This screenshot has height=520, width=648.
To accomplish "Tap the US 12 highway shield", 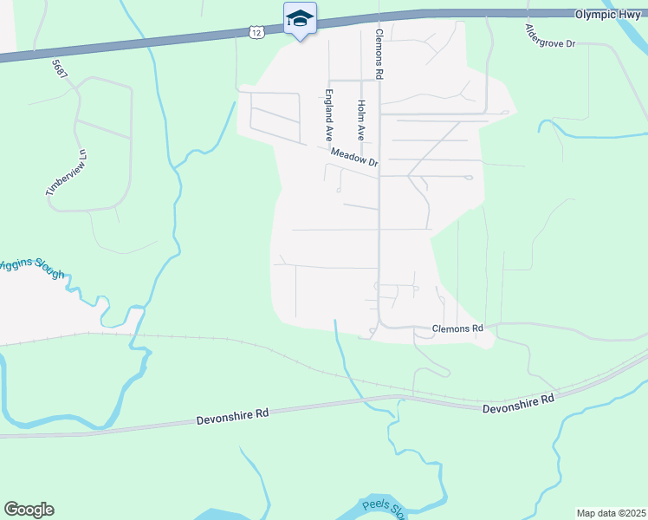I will pos(255,32).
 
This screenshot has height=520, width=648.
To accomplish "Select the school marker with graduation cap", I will pos(300,18).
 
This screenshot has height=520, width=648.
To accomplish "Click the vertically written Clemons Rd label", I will pos(379,54).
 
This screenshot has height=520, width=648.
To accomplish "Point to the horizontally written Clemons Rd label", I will pos(457,329).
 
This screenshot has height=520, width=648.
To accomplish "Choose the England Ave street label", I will pos(329,115).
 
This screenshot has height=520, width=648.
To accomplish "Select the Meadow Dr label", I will pos(354,157).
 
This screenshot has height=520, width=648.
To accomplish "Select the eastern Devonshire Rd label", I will pos(517,401).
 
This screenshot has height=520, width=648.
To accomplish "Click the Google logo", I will pos(29,510).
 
